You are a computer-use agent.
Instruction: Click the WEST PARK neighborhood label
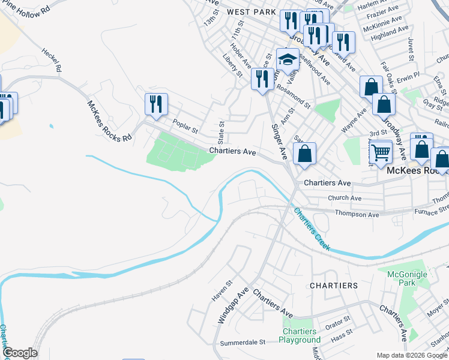(251, 12)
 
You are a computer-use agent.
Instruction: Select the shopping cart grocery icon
(381, 152)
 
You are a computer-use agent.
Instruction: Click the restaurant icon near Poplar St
(156, 104)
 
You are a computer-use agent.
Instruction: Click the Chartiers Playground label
(300, 335)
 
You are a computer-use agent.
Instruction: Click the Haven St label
(221, 290)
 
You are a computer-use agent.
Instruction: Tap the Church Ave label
(344, 198)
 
